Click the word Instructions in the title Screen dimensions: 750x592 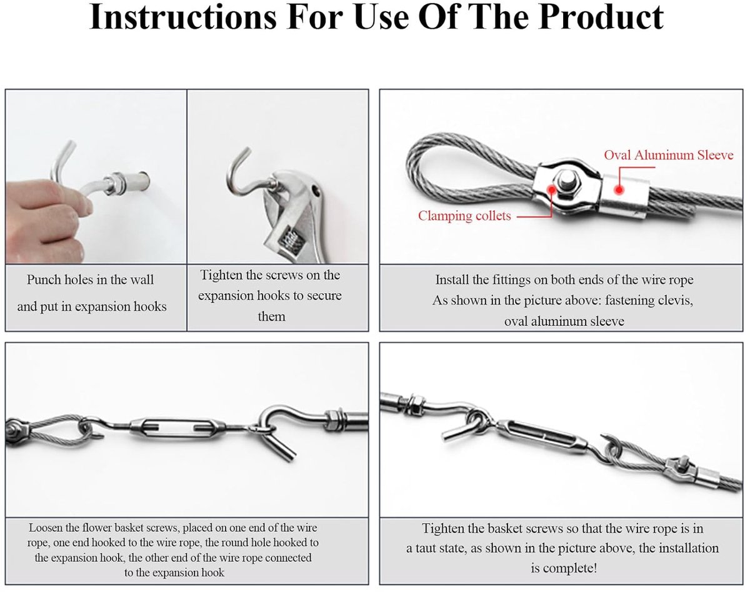coord(183,18)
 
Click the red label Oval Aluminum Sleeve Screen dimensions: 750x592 coord(669,155)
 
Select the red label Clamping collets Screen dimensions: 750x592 coord(464,216)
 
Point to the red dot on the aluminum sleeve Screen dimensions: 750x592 coord(619,190)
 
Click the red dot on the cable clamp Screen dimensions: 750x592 coord(551,189)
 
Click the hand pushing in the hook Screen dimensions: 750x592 coord(45,218)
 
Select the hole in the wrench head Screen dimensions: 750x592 coord(316,190)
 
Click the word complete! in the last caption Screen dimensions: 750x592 coord(564,568)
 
